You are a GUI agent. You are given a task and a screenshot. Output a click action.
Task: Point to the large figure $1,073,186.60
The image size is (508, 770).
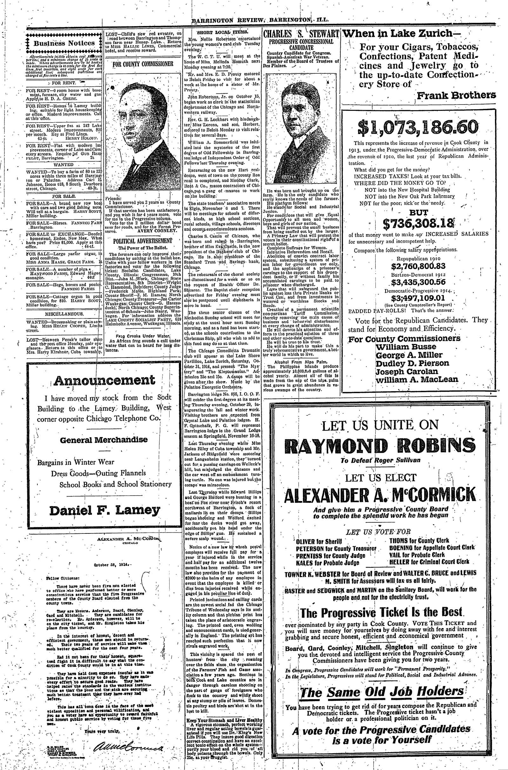click(x=418, y=127)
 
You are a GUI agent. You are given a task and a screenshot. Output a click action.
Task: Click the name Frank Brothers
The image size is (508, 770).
click(x=456, y=95)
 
